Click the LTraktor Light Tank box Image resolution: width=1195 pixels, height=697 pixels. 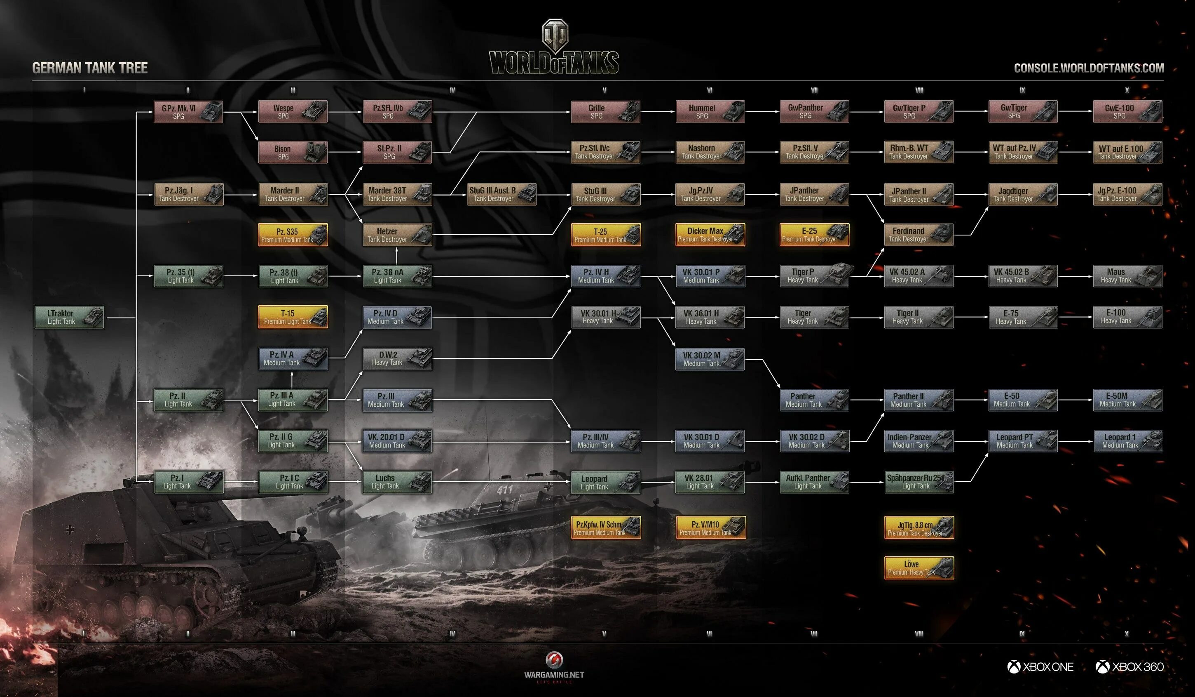point(69,317)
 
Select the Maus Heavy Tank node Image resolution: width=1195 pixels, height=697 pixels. point(1127,276)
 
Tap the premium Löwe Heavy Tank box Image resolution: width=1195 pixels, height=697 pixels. point(919,568)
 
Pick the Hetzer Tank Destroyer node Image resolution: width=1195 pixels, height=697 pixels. point(397,235)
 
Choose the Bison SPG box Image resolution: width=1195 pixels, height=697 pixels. point(293,152)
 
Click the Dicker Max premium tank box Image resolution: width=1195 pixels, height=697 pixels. point(710,235)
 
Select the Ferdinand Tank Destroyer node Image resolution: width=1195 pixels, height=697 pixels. point(919,234)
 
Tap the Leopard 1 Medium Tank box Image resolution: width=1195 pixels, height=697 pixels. point(1128,441)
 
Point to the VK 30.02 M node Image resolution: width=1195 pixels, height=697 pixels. point(710,359)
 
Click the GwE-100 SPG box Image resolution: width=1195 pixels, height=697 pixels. point(1127,111)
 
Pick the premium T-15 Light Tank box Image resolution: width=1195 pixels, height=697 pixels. point(293,317)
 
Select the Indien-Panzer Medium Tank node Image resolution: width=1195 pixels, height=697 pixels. point(919,441)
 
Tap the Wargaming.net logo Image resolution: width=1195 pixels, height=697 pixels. point(554,666)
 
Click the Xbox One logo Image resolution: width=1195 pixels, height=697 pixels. point(1040,666)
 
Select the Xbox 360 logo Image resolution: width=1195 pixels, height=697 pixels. point(1129,666)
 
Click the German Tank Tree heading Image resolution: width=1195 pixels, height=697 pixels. point(90,68)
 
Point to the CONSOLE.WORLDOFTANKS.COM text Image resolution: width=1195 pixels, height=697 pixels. point(1088,68)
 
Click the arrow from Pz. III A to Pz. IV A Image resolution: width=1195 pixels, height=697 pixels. point(292,379)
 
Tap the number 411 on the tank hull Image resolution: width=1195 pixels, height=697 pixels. point(504,489)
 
